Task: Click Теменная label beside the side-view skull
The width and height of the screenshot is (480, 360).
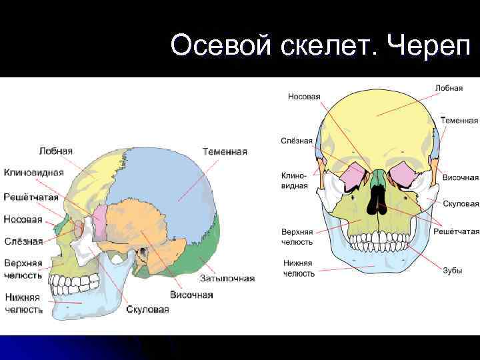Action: [224, 151]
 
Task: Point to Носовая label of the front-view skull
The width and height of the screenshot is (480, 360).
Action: [303, 97]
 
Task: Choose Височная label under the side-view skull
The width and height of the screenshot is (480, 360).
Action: [191, 294]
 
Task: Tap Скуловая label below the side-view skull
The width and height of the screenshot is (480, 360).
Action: [147, 309]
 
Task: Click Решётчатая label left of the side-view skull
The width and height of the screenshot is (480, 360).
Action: [31, 197]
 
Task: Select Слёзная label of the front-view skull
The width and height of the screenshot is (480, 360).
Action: [297, 141]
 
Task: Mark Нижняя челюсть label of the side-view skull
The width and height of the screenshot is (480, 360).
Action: [24, 303]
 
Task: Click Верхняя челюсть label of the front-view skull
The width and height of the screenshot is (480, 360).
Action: [297, 236]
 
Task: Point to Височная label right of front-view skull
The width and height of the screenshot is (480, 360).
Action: [460, 177]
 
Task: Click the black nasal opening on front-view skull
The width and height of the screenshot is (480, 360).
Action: [378, 200]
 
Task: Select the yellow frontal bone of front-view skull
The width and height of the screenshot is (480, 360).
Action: [377, 120]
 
